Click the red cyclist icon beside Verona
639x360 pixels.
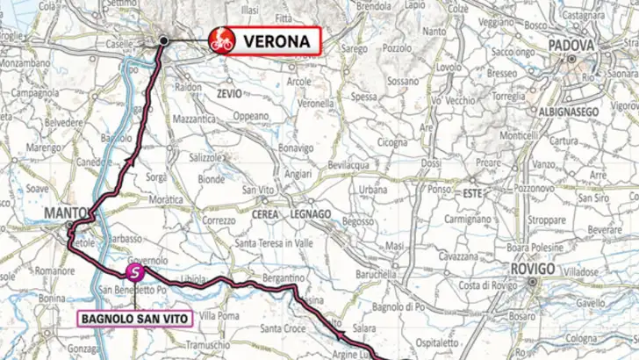click(219, 40)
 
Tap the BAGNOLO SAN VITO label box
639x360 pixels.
click(135, 317)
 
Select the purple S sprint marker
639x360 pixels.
click(134, 275)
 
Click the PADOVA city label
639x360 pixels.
click(571, 45)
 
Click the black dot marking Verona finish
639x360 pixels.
click(163, 40)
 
